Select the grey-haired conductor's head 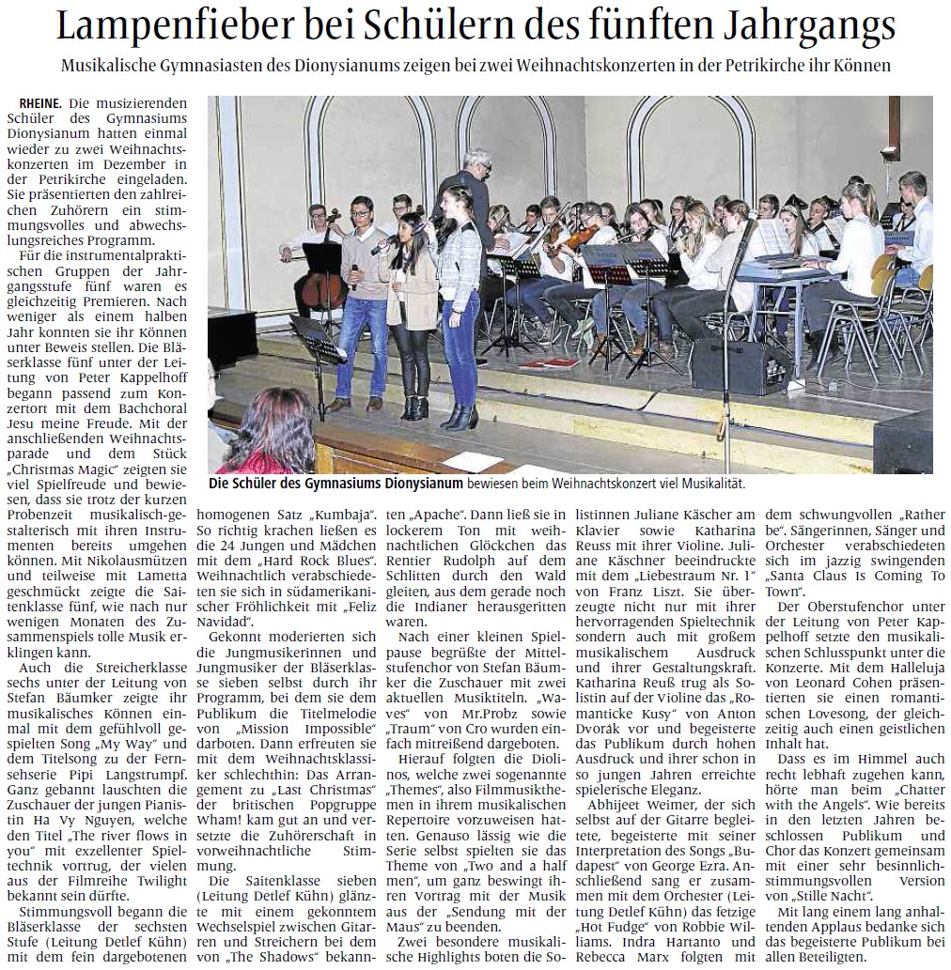tap(479, 160)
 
